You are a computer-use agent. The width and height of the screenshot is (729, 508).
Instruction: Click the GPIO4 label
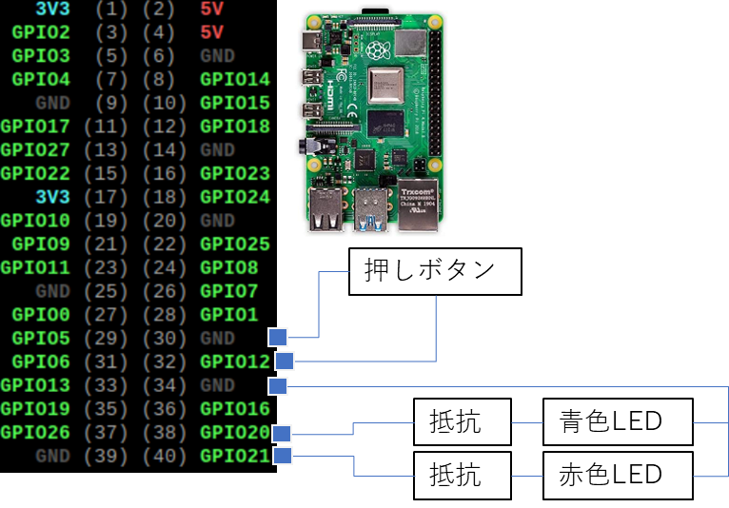(41, 80)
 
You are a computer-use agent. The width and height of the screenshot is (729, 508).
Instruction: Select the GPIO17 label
(35, 127)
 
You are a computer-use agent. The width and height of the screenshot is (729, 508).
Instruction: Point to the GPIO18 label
(235, 127)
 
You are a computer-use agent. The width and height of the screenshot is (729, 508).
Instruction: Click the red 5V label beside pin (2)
(212, 10)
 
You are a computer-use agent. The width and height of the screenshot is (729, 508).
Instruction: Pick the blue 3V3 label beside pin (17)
(52, 197)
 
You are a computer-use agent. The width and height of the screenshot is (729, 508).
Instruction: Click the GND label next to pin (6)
(218, 56)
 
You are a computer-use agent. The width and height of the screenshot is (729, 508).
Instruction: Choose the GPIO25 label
(235, 244)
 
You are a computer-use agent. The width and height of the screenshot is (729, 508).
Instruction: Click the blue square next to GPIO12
(285, 361)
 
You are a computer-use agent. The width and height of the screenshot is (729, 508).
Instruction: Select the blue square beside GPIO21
(282, 457)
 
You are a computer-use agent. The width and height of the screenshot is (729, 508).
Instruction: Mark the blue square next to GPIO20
(281, 434)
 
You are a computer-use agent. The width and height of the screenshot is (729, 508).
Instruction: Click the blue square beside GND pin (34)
(278, 386)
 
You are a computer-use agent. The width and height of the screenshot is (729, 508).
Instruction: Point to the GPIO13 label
(35, 385)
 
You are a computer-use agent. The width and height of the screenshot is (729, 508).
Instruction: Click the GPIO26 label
(35, 433)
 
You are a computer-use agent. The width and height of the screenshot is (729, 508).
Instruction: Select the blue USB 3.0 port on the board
(370, 210)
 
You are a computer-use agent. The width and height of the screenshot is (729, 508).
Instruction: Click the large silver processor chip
(385, 85)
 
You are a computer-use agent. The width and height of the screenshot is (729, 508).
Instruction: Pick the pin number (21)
(99, 244)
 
